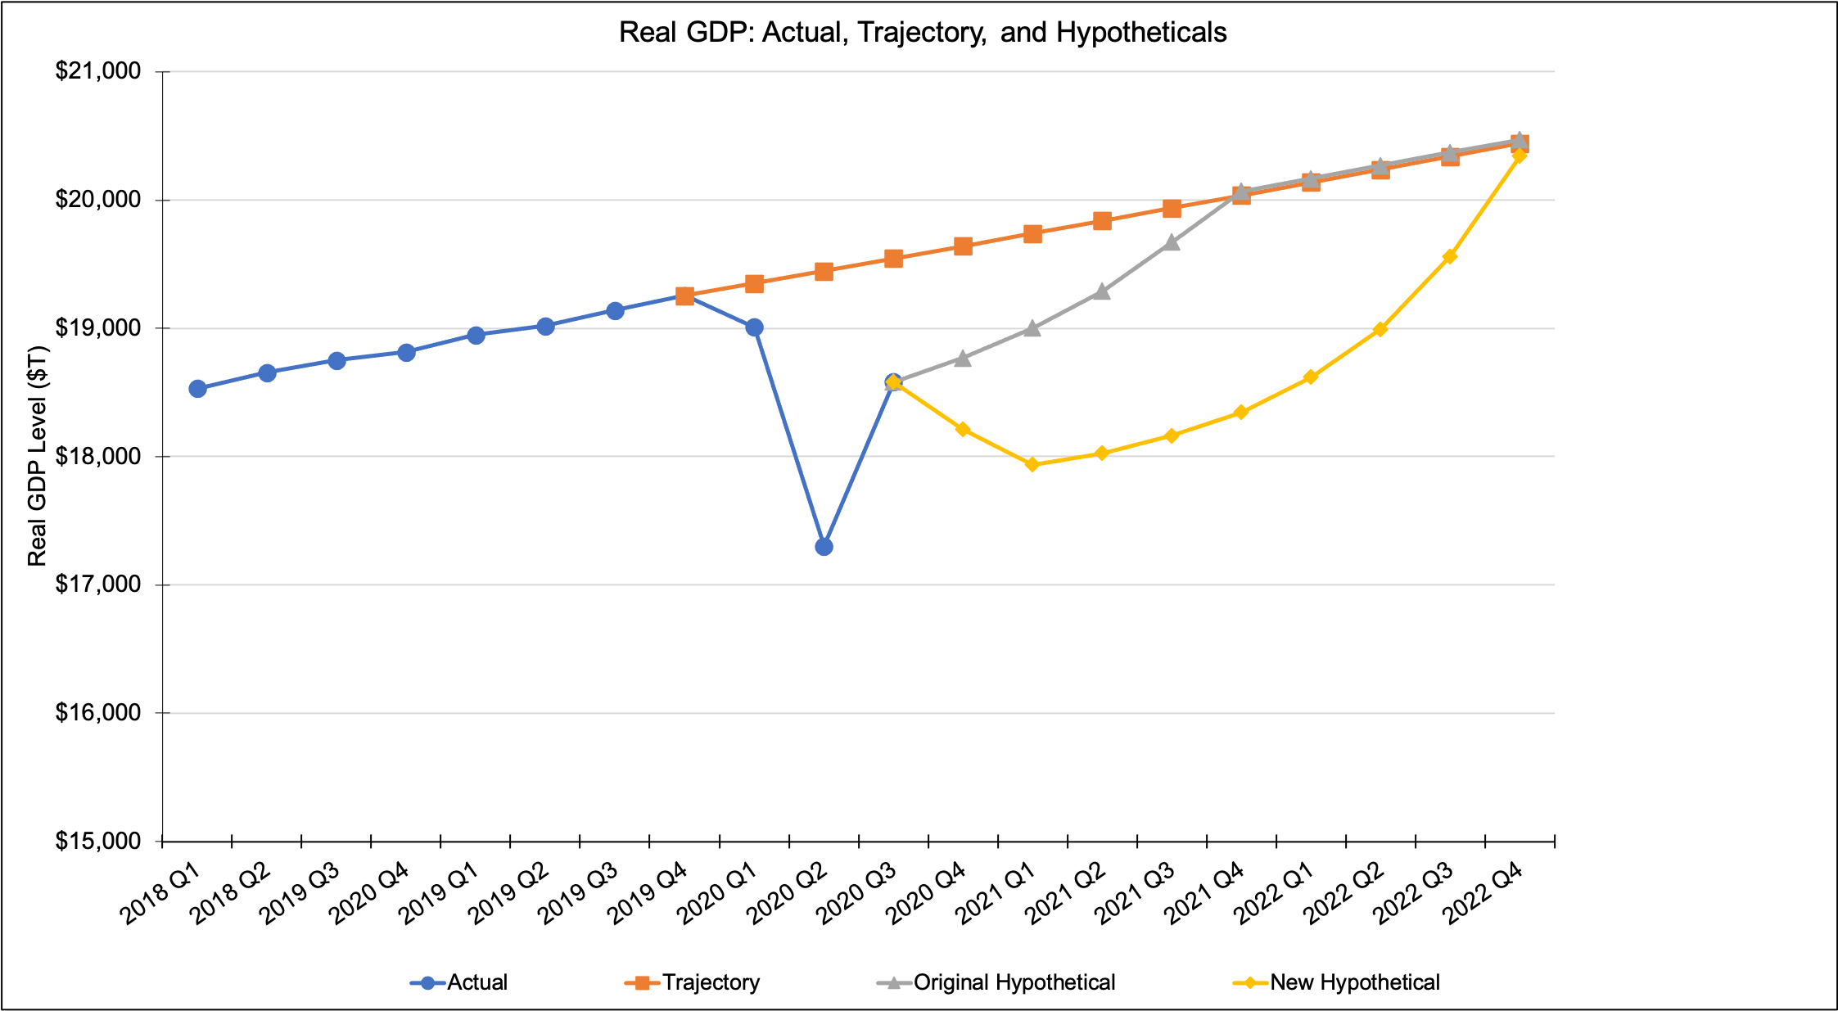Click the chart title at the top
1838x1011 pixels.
coord(923,33)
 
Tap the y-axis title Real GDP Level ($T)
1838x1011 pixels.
coord(38,456)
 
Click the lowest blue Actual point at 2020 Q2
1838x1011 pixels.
coord(824,547)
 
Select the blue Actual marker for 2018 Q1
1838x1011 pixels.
coord(197,389)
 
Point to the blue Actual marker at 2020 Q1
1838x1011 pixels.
coord(755,327)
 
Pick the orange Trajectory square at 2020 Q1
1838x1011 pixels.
coord(755,284)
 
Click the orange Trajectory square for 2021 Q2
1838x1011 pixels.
coord(1103,221)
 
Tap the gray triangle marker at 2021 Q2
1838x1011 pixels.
coord(1103,291)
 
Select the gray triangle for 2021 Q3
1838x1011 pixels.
coord(1172,242)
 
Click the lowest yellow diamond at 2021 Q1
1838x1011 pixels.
coord(1032,465)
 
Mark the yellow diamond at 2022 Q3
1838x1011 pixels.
coord(1450,257)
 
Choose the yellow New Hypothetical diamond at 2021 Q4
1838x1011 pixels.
coord(1241,413)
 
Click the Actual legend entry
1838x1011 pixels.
coord(476,982)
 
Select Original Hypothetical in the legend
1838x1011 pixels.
coord(1014,982)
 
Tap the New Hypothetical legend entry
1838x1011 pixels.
coord(1354,982)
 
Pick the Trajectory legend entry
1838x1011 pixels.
coord(711,982)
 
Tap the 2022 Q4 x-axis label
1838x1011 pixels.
coord(1483,896)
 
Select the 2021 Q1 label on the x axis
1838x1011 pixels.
coord(996,896)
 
